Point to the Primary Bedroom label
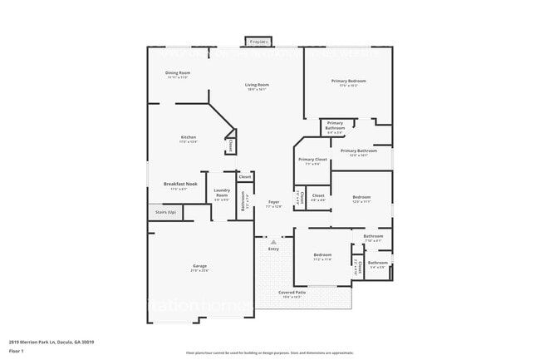349,82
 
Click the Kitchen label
188,139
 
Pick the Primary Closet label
312,160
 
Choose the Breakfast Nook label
179,185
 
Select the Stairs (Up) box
165,213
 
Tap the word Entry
273,249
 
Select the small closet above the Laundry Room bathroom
244,177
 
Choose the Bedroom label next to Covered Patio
322,256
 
